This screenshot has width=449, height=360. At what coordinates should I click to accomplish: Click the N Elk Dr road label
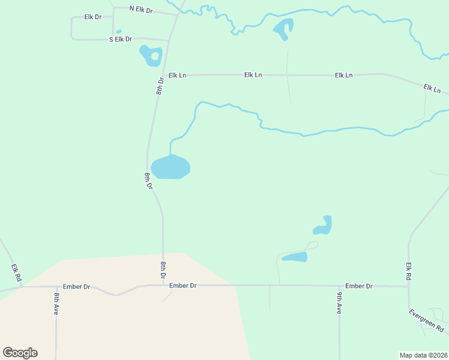tap(141, 10)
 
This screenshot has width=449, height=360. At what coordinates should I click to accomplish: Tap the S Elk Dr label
tap(120, 39)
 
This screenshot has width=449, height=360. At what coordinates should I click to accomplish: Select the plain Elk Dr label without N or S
tap(93, 17)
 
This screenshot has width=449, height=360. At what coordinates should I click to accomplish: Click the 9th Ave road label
tap(339, 303)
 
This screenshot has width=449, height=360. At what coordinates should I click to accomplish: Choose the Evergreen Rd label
tap(426, 321)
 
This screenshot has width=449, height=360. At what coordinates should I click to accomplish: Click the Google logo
tap(20, 353)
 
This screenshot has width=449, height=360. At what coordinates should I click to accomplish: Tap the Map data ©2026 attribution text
tap(423, 355)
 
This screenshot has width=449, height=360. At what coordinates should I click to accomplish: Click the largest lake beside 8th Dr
tap(170, 167)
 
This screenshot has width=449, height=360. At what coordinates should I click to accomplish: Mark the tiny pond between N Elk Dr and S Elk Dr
tap(119, 32)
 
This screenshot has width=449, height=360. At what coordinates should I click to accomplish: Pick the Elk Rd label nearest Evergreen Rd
tap(409, 272)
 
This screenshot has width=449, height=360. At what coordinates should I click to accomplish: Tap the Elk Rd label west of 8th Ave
tap(16, 274)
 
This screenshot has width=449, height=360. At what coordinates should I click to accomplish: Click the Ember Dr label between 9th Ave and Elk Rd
tap(359, 286)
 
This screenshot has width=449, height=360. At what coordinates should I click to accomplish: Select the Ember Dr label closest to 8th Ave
tap(78, 287)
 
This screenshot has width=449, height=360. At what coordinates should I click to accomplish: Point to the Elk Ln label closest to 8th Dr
tap(178, 75)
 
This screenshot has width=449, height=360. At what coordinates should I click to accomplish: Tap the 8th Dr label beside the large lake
tap(148, 181)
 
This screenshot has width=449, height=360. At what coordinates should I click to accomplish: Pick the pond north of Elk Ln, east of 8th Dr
tap(283, 28)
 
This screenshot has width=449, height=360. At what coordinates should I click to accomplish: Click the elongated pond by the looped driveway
tap(295, 257)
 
